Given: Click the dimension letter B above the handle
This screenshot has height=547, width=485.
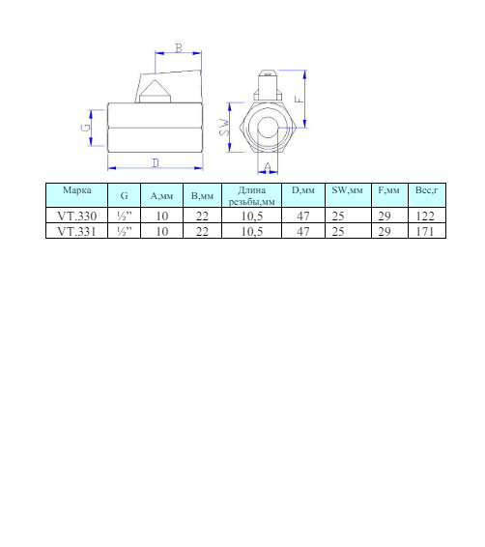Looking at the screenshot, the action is (x=179, y=48).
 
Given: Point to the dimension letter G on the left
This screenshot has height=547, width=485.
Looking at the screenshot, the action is (x=85, y=128).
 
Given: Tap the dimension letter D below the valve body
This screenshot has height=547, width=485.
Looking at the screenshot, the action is (x=156, y=163).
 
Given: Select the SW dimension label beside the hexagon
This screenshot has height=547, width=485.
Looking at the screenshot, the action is (x=225, y=128).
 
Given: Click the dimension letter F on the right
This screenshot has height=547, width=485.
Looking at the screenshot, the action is (x=300, y=99).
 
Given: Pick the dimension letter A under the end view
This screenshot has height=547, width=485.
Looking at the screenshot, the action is (x=268, y=167).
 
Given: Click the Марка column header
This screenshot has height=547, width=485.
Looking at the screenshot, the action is (x=77, y=190).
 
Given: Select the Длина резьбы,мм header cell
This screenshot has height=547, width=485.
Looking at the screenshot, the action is (x=252, y=196).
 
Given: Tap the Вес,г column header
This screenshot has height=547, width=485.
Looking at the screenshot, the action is (x=427, y=190).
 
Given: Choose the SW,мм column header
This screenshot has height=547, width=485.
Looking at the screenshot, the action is (x=347, y=190).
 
